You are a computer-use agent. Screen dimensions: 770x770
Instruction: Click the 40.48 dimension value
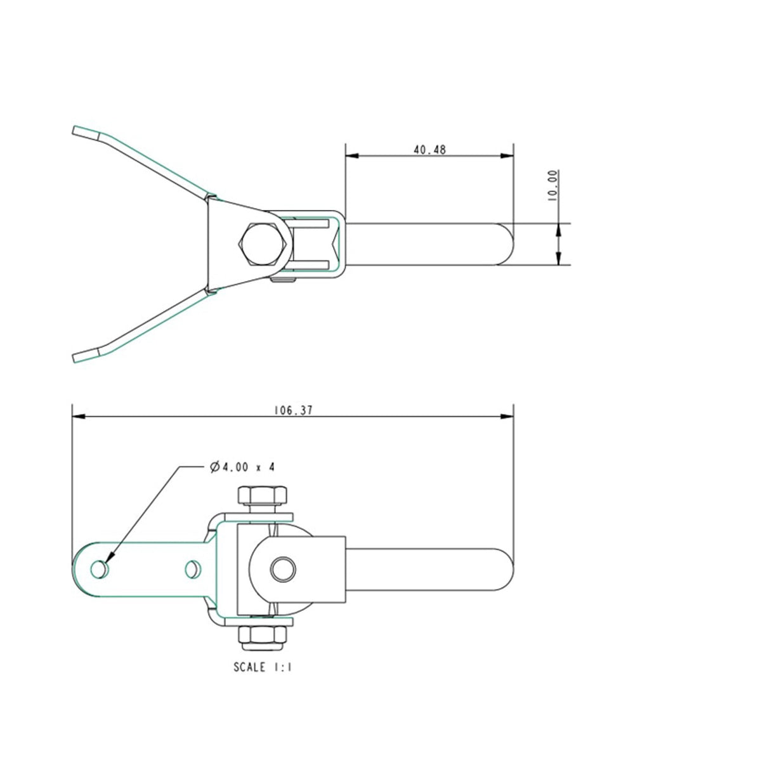(429, 150)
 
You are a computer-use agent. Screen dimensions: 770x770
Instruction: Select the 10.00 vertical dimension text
(552, 185)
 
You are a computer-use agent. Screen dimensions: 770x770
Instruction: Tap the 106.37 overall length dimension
(292, 410)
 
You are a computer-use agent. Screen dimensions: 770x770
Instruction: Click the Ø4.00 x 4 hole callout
(242, 467)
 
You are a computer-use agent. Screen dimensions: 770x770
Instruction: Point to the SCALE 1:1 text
(263, 667)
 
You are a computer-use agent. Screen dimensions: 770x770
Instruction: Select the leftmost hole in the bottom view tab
(98, 570)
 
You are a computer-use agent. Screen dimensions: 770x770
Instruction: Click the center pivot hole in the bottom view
(282, 569)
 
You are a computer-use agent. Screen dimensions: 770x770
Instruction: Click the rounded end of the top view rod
(506, 244)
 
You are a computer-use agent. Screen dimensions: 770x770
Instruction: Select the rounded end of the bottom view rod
(506, 569)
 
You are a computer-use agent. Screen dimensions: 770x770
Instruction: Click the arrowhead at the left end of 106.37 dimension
(79, 417)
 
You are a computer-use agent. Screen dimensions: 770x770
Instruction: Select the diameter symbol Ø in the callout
(214, 467)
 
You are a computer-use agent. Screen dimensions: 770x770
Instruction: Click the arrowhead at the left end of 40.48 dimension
(352, 155)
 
